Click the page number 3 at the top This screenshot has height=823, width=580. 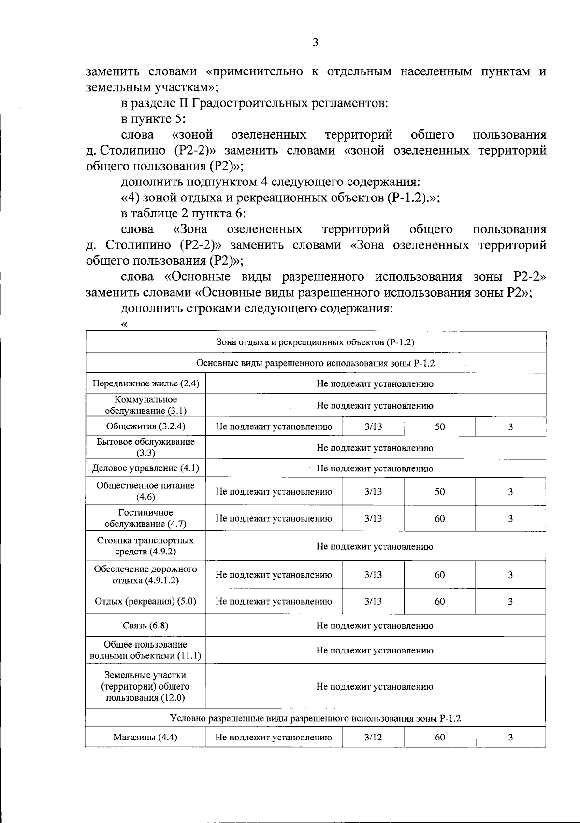(315, 43)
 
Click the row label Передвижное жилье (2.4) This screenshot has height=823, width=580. (145, 384)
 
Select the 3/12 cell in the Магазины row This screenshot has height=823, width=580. (373, 737)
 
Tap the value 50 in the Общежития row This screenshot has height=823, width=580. (439, 426)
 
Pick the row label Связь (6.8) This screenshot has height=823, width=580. (145, 625)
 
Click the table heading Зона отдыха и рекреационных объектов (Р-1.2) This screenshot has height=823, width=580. (315, 342)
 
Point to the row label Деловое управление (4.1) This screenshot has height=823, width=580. (145, 468)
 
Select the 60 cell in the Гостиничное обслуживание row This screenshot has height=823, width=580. (439, 518)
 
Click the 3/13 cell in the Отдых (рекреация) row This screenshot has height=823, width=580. (373, 601)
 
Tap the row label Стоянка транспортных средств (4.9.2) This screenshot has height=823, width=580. (145, 546)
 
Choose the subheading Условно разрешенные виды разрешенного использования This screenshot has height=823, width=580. (315, 718)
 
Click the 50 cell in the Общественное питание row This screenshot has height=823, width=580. (439, 492)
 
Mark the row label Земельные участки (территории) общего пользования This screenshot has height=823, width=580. (145, 686)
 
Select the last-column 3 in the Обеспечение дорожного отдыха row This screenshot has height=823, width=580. (510, 575)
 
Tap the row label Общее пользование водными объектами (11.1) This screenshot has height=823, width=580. (145, 650)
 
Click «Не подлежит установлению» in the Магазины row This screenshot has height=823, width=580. (274, 737)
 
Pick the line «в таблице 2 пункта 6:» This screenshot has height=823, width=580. (184, 213)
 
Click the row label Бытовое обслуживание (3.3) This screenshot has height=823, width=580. (145, 447)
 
